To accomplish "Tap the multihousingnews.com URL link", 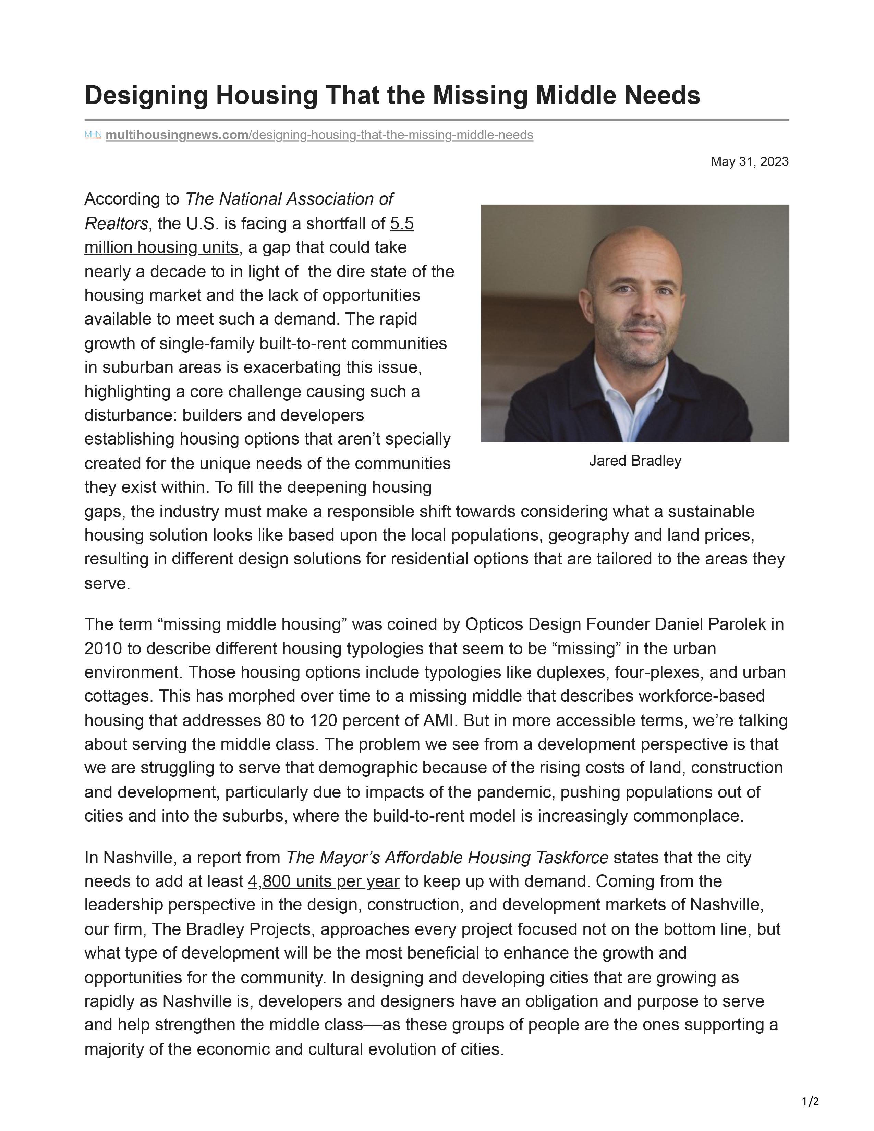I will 319,135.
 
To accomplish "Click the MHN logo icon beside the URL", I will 93,135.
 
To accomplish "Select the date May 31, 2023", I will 749,161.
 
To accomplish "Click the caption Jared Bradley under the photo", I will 635,461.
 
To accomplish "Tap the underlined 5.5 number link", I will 402,224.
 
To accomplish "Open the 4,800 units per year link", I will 324,881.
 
